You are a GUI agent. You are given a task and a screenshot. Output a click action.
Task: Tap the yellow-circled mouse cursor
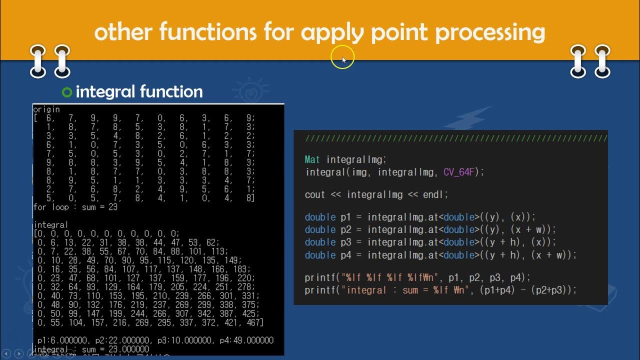[343, 59]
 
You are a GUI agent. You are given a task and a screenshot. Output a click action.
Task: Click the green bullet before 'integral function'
[67, 92]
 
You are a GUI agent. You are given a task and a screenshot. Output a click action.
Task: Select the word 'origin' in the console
[46, 109]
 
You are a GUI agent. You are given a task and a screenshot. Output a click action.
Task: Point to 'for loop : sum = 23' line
[75, 206]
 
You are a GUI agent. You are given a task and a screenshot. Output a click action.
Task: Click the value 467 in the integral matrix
[254, 322]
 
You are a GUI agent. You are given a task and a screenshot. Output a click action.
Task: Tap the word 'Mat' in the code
[312, 159]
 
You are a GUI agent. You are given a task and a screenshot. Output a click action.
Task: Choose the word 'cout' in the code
[315, 194]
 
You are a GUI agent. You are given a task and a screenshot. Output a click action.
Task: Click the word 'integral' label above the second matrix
[50, 225]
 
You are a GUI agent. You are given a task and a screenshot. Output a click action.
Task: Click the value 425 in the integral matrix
[250, 313]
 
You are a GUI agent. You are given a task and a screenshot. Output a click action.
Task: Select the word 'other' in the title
[123, 32]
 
